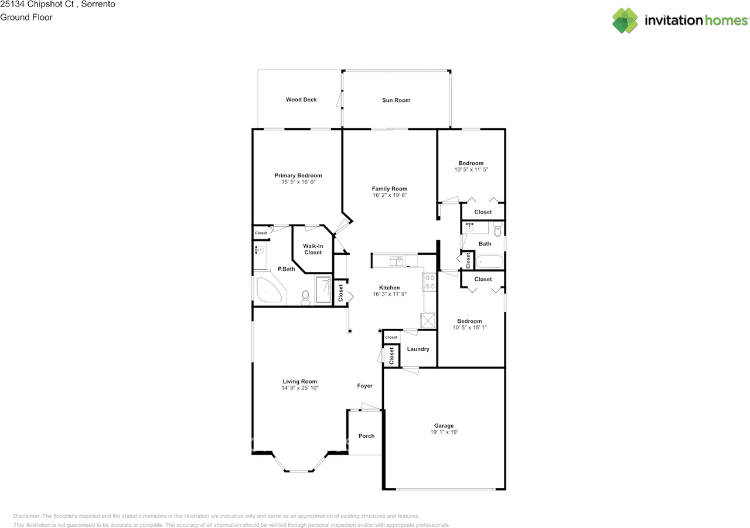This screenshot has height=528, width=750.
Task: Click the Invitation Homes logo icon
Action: (625, 21)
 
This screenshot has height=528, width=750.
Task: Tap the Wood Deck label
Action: (301, 100)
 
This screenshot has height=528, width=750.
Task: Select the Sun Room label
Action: (396, 100)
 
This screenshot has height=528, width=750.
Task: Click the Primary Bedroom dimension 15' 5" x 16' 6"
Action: (298, 182)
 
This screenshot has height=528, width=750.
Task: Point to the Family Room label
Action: (389, 189)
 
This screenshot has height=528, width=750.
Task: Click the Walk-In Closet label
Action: (313, 249)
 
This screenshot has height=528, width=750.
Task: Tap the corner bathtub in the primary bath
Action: (268, 291)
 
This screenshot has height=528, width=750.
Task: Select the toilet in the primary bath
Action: (305, 298)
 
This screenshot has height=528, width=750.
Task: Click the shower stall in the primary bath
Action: (323, 289)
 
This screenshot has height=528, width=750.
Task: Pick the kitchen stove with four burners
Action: (429, 282)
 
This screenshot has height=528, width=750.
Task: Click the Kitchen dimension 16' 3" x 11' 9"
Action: (389, 294)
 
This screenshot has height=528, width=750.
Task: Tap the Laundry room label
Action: (418, 349)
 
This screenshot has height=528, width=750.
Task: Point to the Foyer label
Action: (364, 386)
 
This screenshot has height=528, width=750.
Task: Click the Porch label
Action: (366, 436)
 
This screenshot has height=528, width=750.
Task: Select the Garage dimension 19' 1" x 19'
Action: (444, 432)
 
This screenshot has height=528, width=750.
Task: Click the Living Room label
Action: (299, 381)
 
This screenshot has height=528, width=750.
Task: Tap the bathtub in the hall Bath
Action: (489, 261)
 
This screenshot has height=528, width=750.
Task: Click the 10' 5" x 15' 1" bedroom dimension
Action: (469, 328)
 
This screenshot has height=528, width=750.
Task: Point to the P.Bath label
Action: (286, 269)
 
